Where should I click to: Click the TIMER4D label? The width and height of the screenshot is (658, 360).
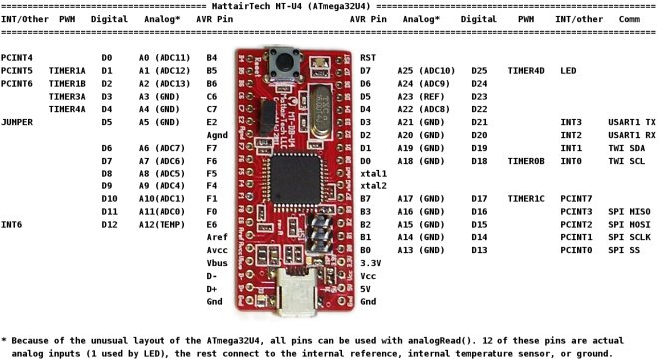pyautogui.click(x=526, y=71)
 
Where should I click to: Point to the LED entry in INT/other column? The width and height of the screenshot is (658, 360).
pyautogui.click(x=568, y=71)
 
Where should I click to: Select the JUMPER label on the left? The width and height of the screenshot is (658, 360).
pyautogui.click(x=19, y=121)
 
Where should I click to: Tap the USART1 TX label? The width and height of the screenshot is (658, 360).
pyautogui.click(x=632, y=121)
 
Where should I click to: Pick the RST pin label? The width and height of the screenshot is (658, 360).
pyautogui.click(x=367, y=58)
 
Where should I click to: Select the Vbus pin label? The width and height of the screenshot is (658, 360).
pyautogui.click(x=216, y=261)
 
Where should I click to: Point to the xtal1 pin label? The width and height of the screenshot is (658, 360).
pyautogui.click(x=373, y=173)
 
